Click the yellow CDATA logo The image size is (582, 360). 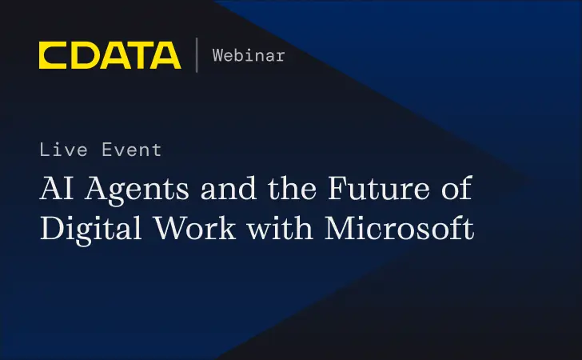pyautogui.click(x=110, y=55)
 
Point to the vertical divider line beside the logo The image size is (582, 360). pyautogui.click(x=197, y=55)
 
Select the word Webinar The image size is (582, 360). pyautogui.click(x=248, y=55)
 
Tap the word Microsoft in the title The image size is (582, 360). pyautogui.click(x=400, y=229)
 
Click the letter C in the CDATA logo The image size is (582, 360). pyautogui.click(x=53, y=55)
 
